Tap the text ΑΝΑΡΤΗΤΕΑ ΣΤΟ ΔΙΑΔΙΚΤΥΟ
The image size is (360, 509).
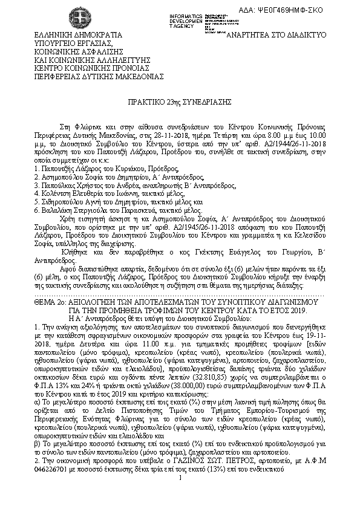[275, 34]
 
